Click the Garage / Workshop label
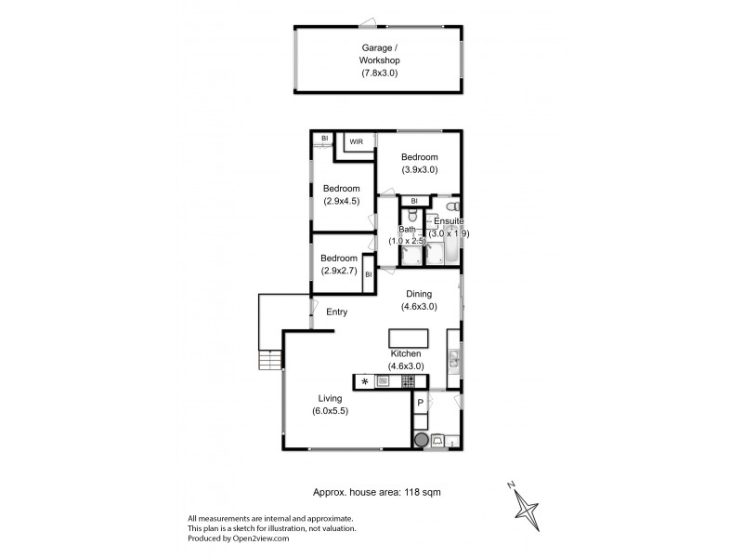tap(379, 59)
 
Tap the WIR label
tap(356, 142)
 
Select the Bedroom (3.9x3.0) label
tap(419, 164)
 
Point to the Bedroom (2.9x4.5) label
tap(341, 194)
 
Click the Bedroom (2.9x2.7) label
tap(338, 264)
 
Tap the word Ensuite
tap(450, 221)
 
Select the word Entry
tap(336, 312)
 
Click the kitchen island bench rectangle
tap(408, 337)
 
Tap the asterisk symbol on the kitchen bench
tap(365, 381)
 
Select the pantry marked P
tap(420, 402)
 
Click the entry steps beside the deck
tap(269, 361)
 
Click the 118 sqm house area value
tap(420, 494)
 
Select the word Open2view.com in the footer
tap(262, 538)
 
